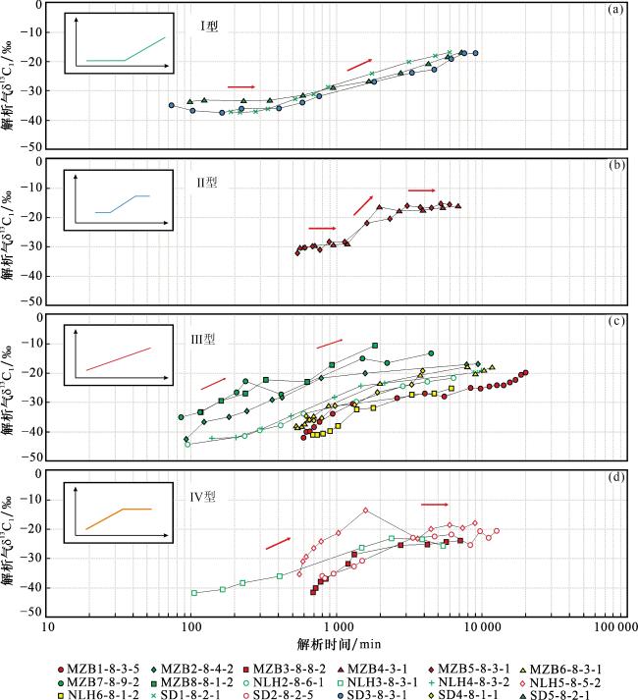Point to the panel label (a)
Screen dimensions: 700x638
pos(615,10)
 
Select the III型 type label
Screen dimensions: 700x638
pos(202,339)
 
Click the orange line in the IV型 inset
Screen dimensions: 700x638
pos(108,516)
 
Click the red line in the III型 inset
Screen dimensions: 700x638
pos(118,359)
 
